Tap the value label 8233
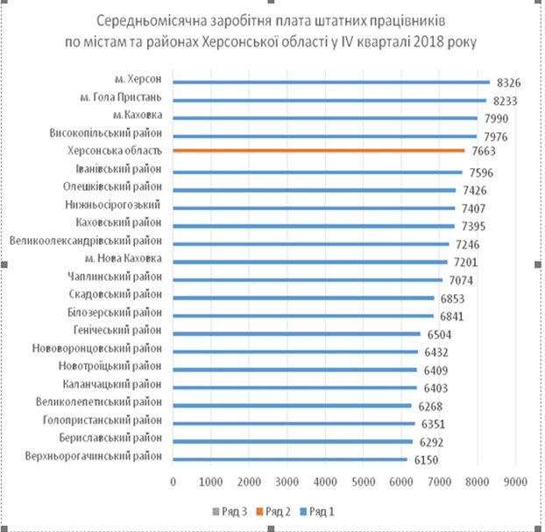tap(510, 101)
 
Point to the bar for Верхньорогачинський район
tap(290, 458)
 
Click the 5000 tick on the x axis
tap(365, 481)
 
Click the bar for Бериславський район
tap(294, 439)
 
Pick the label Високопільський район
tap(107, 134)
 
